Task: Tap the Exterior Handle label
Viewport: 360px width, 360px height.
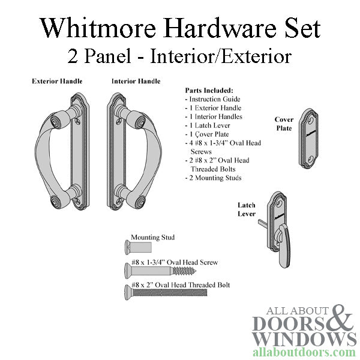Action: [57, 81]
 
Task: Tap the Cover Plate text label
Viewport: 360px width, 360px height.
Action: [284, 124]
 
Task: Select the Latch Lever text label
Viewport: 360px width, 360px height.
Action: [246, 209]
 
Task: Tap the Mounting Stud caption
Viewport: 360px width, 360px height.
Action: [152, 237]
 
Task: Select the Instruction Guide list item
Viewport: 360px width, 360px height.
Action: [214, 99]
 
